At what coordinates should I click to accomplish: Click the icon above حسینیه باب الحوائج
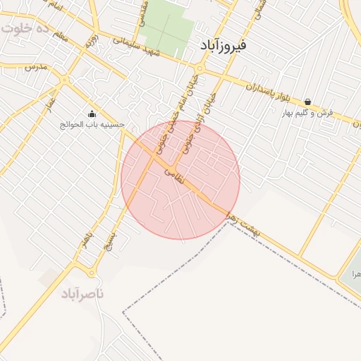point(92,114)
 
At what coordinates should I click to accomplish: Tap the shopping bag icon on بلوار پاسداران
point(308,102)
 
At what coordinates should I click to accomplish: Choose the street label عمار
point(50,103)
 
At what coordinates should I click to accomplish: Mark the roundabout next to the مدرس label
point(64,80)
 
